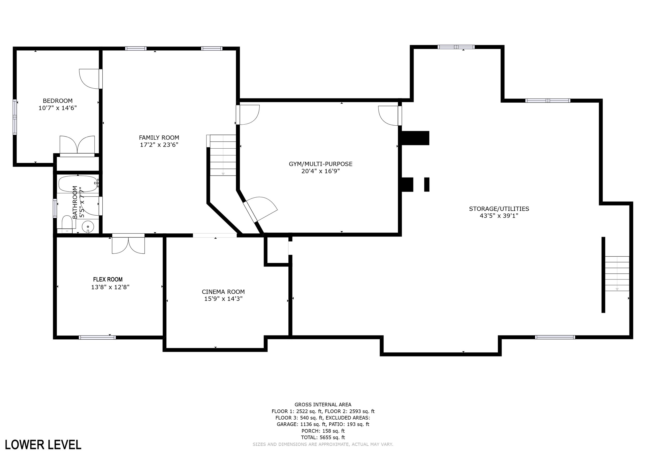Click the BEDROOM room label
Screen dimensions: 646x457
(x=58, y=101)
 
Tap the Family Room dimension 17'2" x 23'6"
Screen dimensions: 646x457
(x=159, y=145)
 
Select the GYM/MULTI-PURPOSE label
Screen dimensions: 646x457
(x=320, y=164)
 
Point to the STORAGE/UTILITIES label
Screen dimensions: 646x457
(x=499, y=209)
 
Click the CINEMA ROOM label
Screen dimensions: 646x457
(x=223, y=292)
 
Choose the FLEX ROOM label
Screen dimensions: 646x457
(x=108, y=279)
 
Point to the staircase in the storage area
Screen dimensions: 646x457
(x=617, y=274)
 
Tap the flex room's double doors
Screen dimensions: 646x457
(x=128, y=244)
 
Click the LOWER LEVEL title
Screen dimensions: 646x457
(x=43, y=445)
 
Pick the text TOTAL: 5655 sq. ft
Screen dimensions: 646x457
(x=323, y=437)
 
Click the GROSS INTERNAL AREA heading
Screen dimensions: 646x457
(x=323, y=405)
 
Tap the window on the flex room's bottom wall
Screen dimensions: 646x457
(x=97, y=337)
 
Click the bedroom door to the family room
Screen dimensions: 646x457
(x=91, y=79)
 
